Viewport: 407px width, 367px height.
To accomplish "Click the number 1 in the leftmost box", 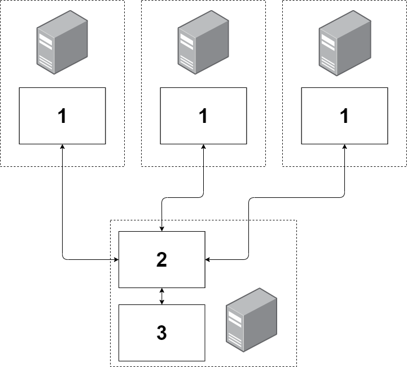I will click(62, 116).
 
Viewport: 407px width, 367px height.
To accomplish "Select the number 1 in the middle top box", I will click(203, 116).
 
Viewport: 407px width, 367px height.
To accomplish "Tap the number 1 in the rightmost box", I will click(344, 116).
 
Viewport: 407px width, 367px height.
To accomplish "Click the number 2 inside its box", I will click(161, 259).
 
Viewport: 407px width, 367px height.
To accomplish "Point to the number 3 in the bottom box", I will click(161, 333).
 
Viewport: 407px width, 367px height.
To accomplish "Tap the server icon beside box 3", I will click(252, 318).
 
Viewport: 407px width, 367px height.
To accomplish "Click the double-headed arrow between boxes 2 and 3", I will click(162, 296).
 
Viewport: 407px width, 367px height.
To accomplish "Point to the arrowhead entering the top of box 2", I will click(162, 228).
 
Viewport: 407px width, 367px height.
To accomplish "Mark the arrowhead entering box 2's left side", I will click(116, 260).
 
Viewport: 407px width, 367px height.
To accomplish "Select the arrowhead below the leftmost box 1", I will click(62, 147).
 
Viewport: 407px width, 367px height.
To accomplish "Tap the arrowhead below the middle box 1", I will click(203, 147).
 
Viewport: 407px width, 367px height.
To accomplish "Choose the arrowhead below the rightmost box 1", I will click(344, 147).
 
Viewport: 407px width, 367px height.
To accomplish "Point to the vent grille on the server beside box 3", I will click(233, 338).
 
